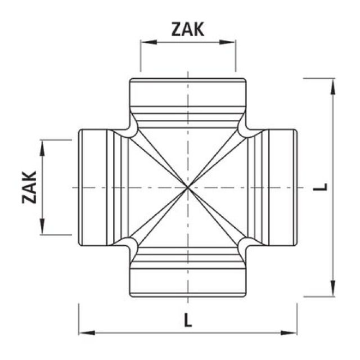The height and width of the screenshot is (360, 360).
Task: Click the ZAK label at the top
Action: point(188,29)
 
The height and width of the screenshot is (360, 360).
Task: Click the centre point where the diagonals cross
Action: point(187,187)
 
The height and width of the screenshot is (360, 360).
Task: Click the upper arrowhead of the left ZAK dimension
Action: point(42,143)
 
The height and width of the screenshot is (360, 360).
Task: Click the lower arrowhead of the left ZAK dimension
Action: point(42,231)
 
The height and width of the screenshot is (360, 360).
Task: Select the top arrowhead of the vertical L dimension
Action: point(333,82)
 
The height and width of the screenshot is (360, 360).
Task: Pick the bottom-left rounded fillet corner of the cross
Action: point(131,243)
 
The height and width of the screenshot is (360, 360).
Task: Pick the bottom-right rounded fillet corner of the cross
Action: point(244,243)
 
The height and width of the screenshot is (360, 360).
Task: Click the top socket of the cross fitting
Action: point(187,93)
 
